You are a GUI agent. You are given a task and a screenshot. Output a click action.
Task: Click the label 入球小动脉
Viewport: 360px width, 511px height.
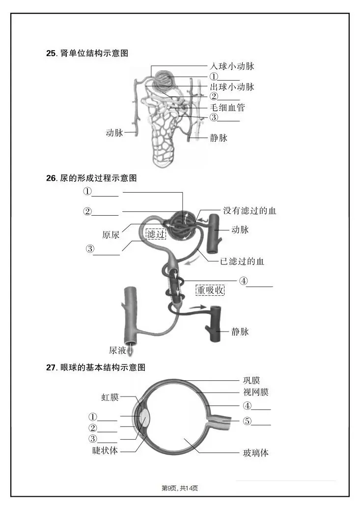pos(232,66)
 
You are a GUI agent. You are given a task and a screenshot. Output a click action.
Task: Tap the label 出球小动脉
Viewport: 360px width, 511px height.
pos(232,87)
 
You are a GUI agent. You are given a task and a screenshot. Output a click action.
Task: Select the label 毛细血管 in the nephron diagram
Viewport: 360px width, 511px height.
pos(227,107)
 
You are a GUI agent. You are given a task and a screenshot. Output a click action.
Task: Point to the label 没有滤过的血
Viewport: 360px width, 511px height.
pos(249,211)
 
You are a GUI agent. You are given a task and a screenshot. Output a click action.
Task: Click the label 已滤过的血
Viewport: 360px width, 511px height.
pos(242,261)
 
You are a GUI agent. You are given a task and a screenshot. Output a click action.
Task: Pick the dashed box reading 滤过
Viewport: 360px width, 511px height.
pos(156,234)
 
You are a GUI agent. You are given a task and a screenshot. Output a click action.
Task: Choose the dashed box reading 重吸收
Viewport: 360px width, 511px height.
pos(210,290)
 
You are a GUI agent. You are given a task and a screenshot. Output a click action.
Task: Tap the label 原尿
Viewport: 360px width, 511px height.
pos(111,234)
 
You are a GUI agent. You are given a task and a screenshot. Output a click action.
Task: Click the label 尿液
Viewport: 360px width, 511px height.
pos(117,350)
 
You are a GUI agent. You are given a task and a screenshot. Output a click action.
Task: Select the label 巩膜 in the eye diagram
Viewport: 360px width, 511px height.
pos(251,380)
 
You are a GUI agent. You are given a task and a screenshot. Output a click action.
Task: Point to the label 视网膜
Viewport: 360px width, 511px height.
pos(256,392)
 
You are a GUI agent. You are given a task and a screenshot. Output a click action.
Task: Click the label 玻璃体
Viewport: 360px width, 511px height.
pos(256,453)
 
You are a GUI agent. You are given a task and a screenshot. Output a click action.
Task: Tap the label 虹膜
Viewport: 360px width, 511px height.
pos(110,397)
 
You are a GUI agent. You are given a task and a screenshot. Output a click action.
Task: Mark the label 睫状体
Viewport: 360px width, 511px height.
pos(106,450)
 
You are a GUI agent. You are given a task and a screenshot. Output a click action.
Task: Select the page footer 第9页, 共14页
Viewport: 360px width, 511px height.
pos(180,488)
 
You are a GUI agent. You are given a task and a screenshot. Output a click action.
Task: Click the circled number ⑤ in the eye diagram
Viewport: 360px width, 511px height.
pos(248,421)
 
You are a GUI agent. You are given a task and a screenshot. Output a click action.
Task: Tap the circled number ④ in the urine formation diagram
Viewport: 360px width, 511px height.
pos(244,282)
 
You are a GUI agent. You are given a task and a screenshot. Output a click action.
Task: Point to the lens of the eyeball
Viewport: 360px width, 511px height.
pos(144,418)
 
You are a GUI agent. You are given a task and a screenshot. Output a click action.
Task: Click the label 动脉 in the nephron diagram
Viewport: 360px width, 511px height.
pos(114,133)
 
